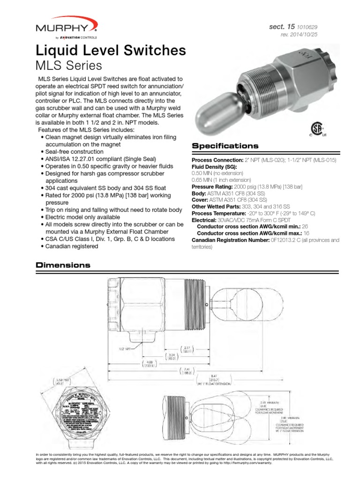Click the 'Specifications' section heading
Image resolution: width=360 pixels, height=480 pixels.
coord(225,146)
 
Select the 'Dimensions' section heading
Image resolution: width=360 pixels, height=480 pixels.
coord(63,265)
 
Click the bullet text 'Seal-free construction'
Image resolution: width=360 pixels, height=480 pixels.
coord(75,152)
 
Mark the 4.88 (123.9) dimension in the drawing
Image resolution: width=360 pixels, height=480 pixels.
coord(149,365)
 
